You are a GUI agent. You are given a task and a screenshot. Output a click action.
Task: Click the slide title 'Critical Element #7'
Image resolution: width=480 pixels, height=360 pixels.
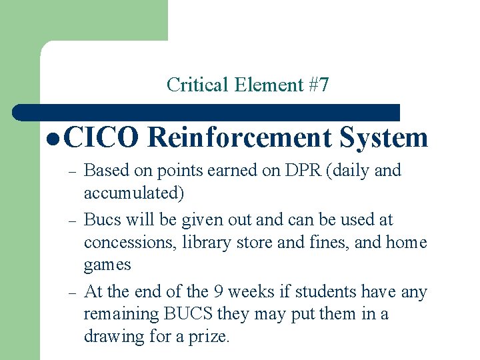click(247, 85)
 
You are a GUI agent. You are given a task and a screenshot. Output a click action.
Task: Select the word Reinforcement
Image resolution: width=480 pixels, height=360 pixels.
click(239, 138)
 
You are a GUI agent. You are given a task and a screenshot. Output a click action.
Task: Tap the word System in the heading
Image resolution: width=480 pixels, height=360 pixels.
click(383, 138)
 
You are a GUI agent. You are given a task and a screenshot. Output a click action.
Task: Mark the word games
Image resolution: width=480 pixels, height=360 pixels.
click(107, 265)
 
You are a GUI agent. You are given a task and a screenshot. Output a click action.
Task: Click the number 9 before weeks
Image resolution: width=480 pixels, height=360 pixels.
click(219, 292)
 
